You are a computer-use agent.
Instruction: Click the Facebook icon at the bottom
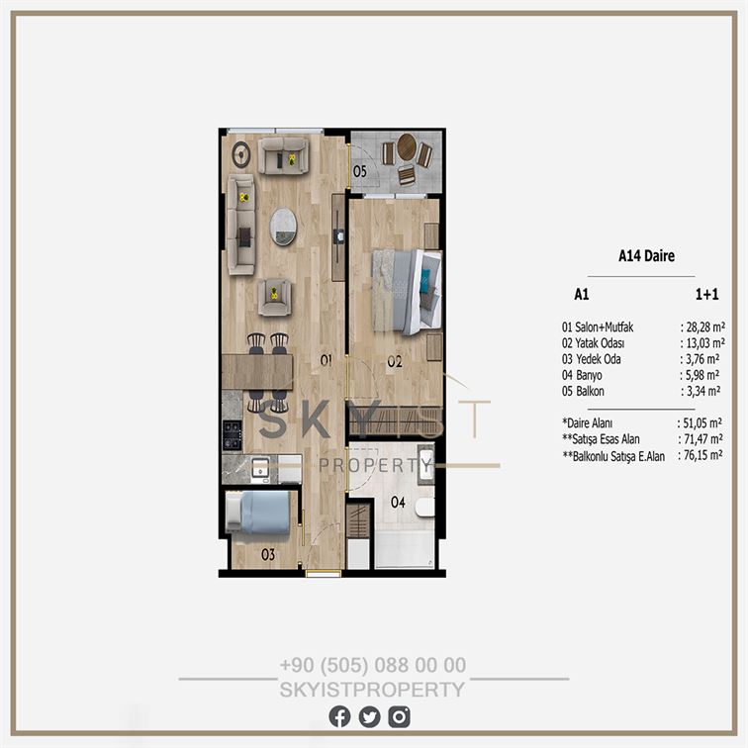pyautogui.click(x=339, y=716)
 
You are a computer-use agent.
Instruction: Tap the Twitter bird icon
pyautogui.click(x=369, y=716)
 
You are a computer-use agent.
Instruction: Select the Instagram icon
pyautogui.click(x=399, y=716)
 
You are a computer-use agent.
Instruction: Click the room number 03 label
pyautogui.click(x=268, y=554)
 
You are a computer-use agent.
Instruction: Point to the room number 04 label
pyautogui.click(x=398, y=502)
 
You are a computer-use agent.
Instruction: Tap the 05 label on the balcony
pyautogui.click(x=360, y=171)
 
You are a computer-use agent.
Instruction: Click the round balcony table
pyautogui.click(x=407, y=146)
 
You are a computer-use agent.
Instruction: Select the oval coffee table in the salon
pyautogui.click(x=283, y=227)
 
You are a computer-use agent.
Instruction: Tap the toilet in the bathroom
pyautogui.click(x=424, y=508)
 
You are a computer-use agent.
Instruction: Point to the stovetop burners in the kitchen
pyautogui.click(x=233, y=434)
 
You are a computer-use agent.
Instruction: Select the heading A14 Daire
pyautogui.click(x=646, y=255)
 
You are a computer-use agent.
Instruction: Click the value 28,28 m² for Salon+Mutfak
pyautogui.click(x=705, y=327)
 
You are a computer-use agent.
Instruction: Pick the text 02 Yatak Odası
pyautogui.click(x=593, y=343)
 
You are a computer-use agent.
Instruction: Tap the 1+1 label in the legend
pyautogui.click(x=707, y=294)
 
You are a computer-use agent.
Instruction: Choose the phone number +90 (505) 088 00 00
pyautogui.click(x=373, y=665)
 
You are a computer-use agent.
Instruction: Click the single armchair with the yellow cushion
pyautogui.click(x=274, y=297)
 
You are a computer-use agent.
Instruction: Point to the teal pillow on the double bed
pyautogui.click(x=424, y=280)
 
